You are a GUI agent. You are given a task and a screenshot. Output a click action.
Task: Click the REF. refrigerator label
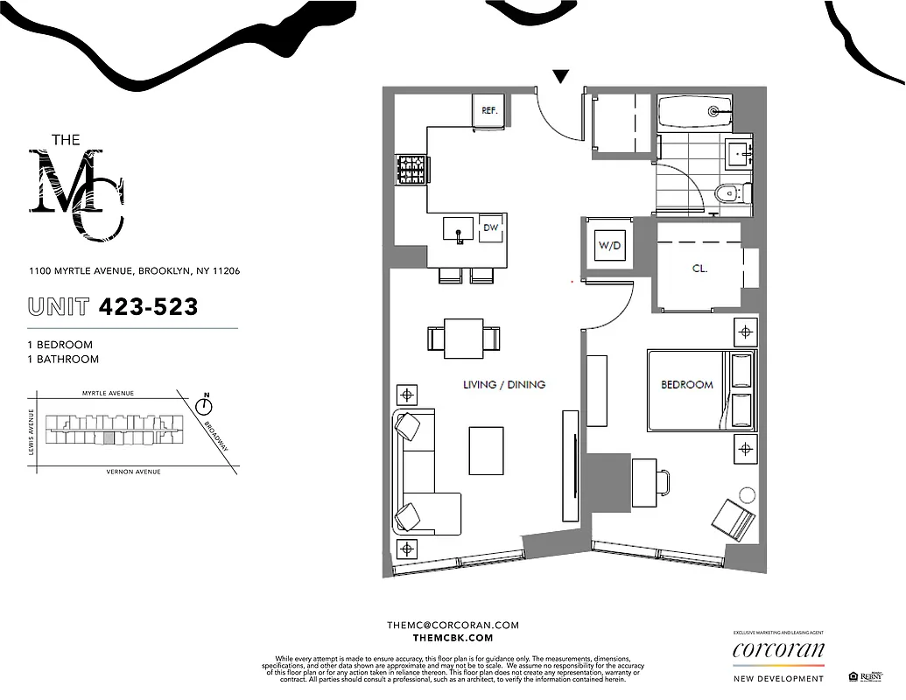pos(489,111)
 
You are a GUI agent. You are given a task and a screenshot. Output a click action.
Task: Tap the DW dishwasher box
pos(491,227)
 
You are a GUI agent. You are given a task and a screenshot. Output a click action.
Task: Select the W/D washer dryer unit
pos(609,246)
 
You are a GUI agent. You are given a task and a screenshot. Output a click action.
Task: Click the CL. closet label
pos(699,269)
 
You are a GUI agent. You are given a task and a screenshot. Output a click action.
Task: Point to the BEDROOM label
pos(687,384)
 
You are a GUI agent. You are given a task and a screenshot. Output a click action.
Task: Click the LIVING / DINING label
pos(504,384)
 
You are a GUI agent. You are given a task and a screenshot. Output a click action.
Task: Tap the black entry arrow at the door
pos(561,77)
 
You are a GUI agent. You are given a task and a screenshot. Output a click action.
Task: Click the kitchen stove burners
pos(410,169)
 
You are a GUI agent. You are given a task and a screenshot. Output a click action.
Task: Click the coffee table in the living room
pos(486,450)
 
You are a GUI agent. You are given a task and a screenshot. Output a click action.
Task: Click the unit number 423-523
pos(148,306)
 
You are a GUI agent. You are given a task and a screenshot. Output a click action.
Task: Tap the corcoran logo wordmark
pos(778,650)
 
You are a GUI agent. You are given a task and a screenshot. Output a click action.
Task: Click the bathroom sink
pos(739,154)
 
